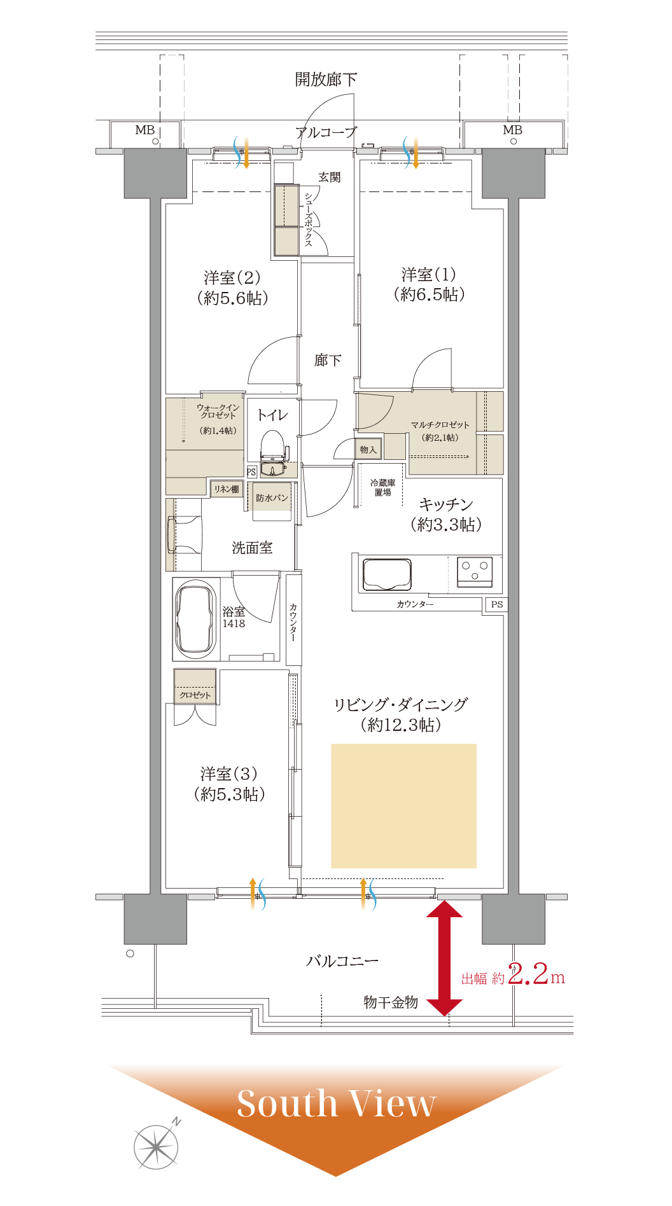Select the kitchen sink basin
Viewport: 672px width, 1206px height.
387,574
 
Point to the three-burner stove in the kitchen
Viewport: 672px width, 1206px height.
475,571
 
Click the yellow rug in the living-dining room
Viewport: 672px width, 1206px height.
403,806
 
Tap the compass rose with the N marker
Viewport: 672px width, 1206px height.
157,1146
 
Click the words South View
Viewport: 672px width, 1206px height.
337,1104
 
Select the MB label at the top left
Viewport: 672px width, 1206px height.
145,130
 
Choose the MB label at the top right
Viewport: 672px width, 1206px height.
512,130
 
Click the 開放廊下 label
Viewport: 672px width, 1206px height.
326,80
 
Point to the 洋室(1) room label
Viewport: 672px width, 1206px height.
429,275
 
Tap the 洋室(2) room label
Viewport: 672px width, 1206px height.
232,278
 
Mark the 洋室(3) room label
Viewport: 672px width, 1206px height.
229,774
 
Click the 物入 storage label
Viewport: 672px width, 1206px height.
368,450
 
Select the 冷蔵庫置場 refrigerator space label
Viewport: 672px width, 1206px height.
382,487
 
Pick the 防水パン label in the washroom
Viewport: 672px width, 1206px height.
272,498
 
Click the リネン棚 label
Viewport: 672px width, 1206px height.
226,489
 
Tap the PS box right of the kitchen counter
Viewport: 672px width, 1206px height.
497,605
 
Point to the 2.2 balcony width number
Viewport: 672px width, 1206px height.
528,974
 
